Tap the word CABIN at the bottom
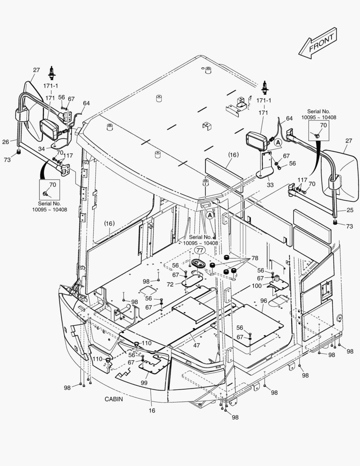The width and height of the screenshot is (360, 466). coord(113,399)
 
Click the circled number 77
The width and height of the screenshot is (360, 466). coord(199,250)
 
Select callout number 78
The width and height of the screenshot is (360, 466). coord(255,258)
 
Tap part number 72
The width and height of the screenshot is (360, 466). coord(170,285)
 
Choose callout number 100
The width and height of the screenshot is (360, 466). coord(256,286)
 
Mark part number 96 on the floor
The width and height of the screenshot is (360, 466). coord(263,301)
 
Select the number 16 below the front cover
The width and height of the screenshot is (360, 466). coord(152,410)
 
